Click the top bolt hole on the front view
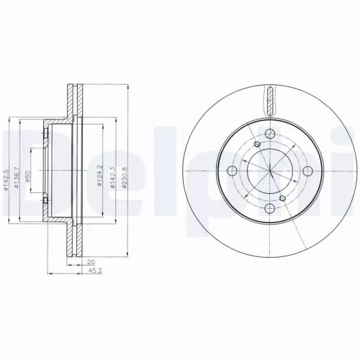[268, 134]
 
